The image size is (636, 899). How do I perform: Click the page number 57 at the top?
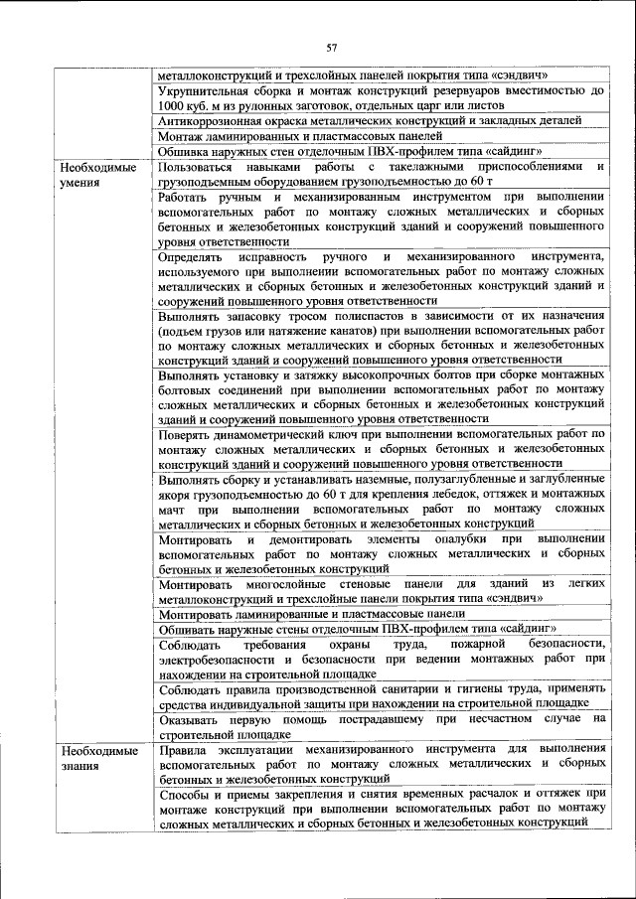332,47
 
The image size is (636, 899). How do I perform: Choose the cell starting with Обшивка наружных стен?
349,151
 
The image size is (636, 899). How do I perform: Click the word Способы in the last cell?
185,794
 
